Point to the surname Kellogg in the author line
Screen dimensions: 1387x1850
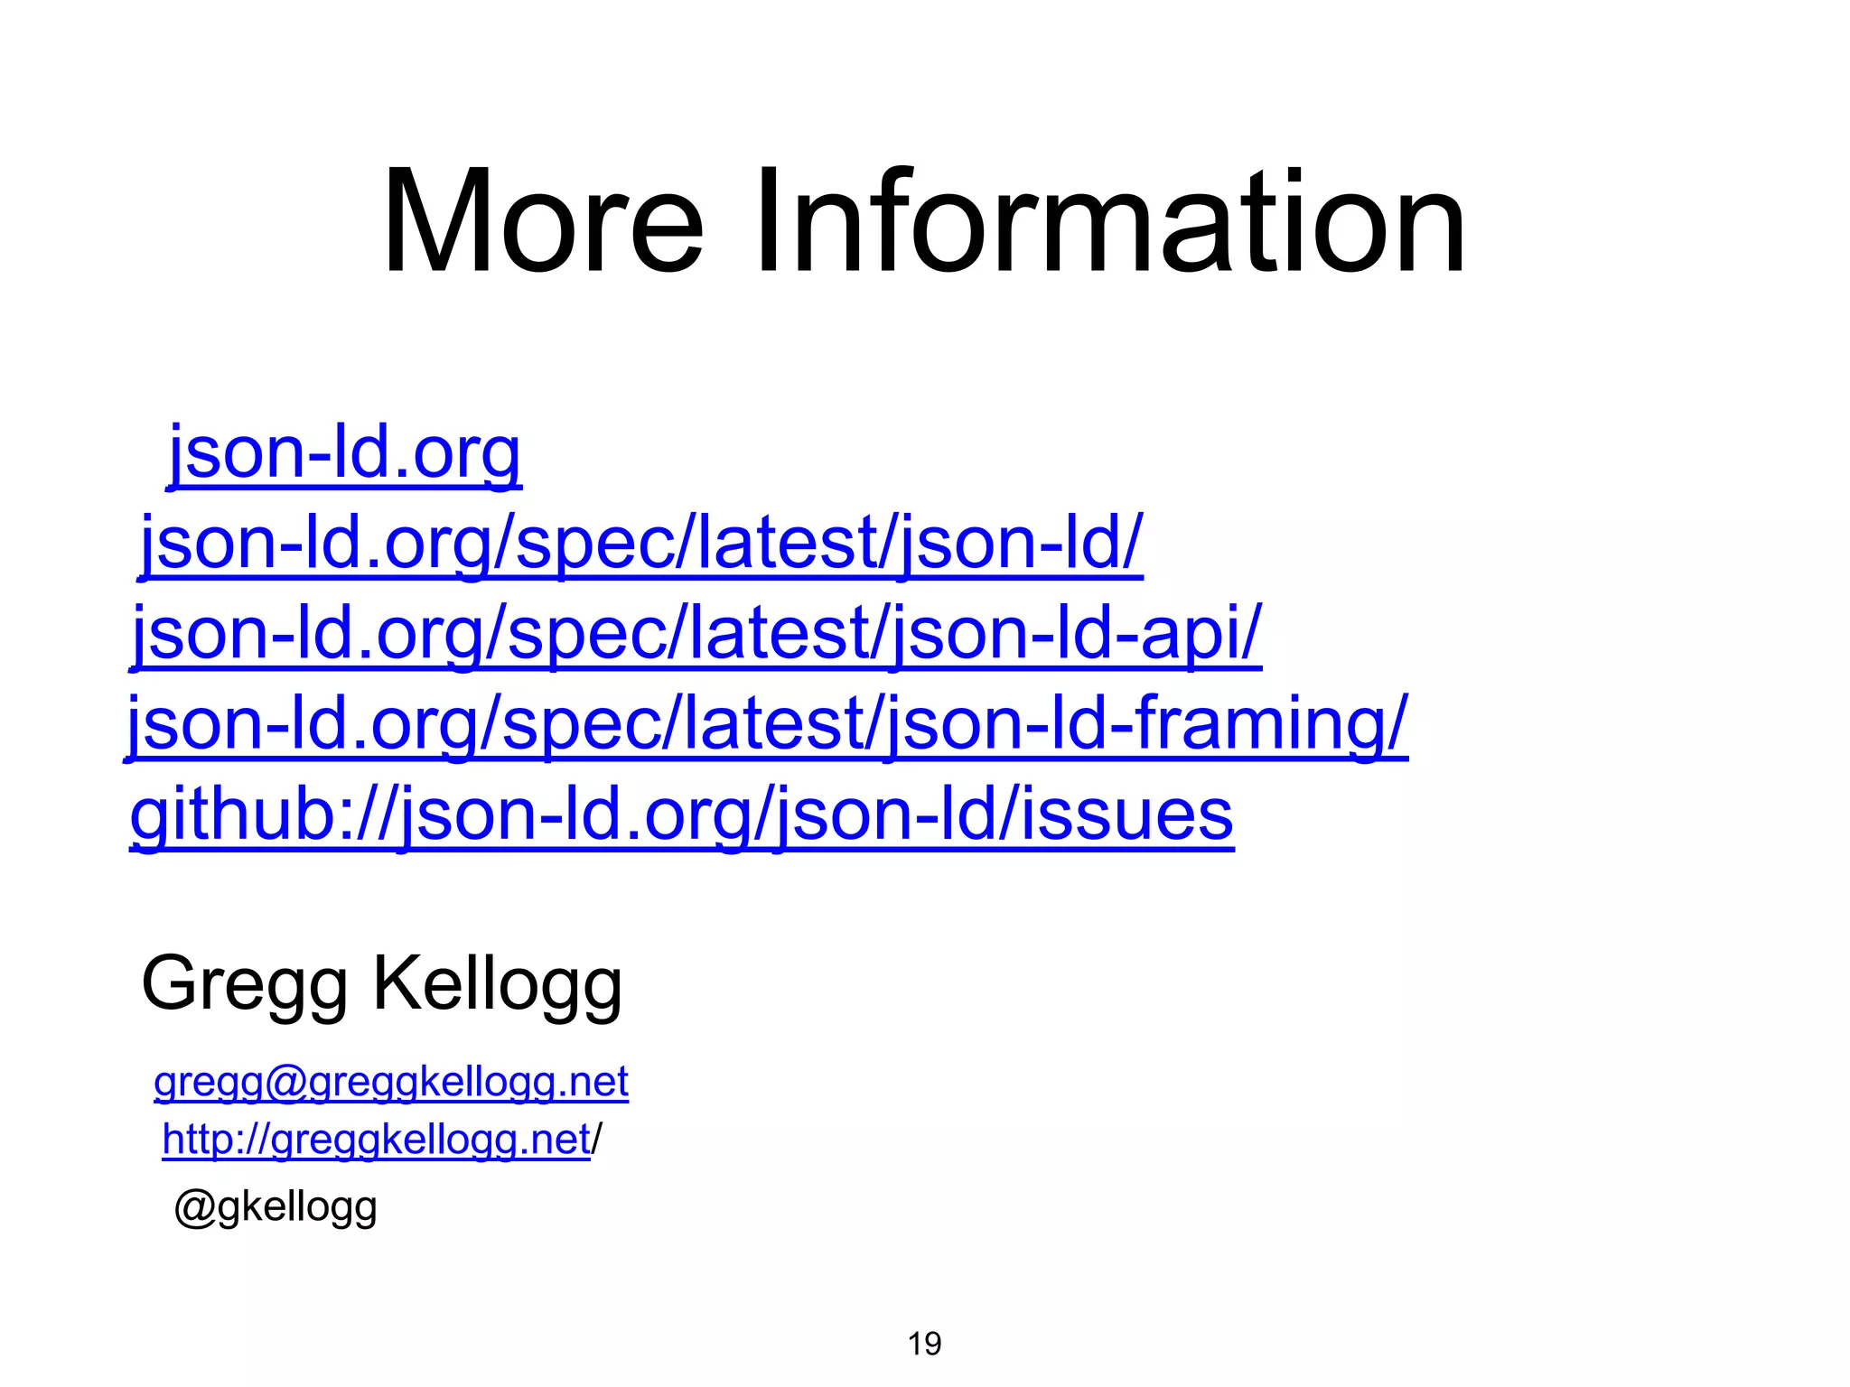point(498,984)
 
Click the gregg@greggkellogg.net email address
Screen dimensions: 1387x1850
point(391,1082)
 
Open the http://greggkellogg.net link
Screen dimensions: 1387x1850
point(376,1140)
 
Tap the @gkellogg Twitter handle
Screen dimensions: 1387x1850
point(276,1207)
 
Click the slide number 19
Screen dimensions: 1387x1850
point(924,1344)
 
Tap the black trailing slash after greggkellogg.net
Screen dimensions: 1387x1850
point(596,1140)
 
